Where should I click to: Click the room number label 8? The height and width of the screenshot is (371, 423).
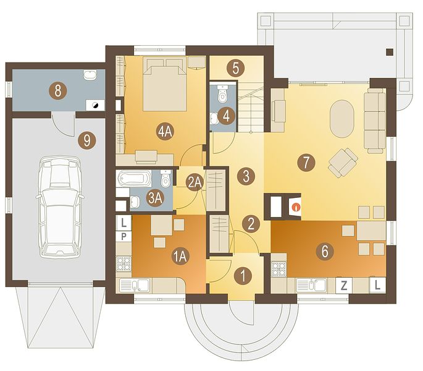57,90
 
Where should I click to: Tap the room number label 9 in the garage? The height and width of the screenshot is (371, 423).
86,140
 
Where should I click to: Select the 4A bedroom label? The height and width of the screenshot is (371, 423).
165,132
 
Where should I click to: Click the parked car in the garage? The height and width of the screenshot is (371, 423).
60,207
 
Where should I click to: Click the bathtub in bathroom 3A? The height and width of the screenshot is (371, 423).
133,178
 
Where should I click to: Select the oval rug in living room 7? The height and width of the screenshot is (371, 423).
342,119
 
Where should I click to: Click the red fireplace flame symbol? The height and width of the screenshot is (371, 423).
296,208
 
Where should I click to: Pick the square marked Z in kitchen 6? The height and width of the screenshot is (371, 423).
344,285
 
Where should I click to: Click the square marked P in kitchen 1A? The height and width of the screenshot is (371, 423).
124,237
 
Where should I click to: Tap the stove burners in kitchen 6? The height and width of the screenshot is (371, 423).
279,269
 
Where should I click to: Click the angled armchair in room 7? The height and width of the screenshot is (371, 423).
343,163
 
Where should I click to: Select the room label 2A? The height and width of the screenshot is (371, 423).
195,182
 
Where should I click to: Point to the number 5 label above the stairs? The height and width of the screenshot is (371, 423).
235,68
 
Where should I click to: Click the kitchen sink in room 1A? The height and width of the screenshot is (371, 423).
135,285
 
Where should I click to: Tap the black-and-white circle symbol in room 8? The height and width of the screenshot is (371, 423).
95,105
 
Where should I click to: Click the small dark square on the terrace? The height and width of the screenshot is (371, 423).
390,52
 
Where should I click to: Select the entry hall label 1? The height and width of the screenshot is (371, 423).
243,276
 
